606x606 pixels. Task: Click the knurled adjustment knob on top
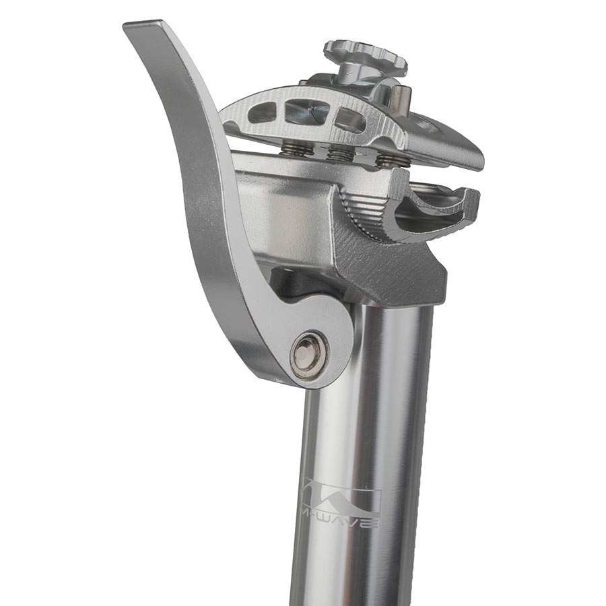coord(366,55)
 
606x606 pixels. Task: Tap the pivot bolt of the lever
coord(309,354)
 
